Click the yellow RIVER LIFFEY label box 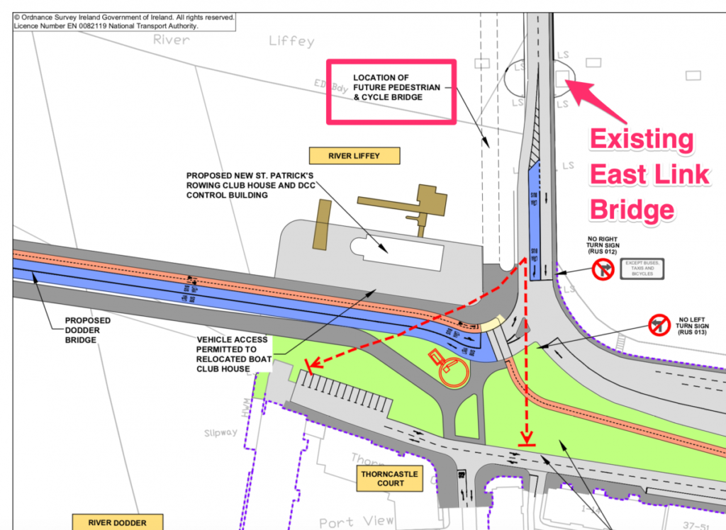[354, 156]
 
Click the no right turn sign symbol [603, 269]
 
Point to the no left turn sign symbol [660, 326]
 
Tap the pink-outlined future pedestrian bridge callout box [391, 91]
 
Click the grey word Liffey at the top [291, 41]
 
